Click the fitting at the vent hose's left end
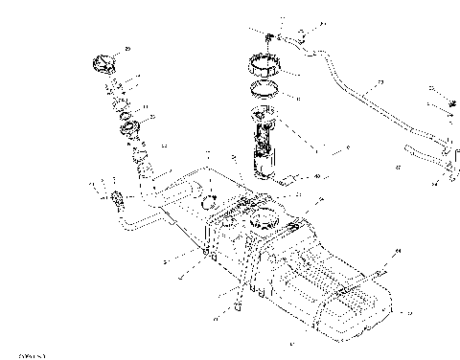(119, 200)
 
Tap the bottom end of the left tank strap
(237, 309)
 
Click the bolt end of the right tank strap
(381, 272)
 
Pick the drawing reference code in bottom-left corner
(16, 354)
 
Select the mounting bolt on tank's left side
(207, 253)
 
